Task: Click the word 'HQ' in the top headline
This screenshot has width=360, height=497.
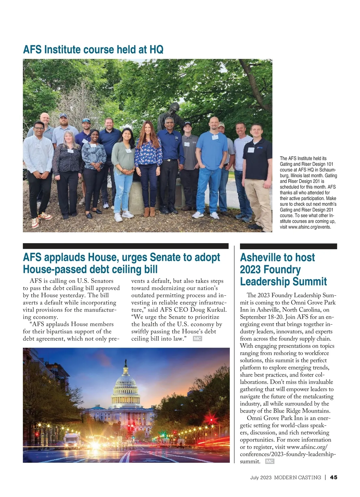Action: point(156,49)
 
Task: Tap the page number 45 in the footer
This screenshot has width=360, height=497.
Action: point(334,477)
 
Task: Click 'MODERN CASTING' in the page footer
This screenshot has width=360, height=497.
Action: point(297,477)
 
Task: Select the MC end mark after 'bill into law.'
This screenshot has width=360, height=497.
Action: point(197,339)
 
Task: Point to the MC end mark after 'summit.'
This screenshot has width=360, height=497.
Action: point(270,461)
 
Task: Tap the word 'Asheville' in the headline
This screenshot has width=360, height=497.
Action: point(261,257)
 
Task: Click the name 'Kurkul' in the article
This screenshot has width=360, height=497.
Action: point(217,310)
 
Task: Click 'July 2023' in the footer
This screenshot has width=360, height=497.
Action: point(261,477)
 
